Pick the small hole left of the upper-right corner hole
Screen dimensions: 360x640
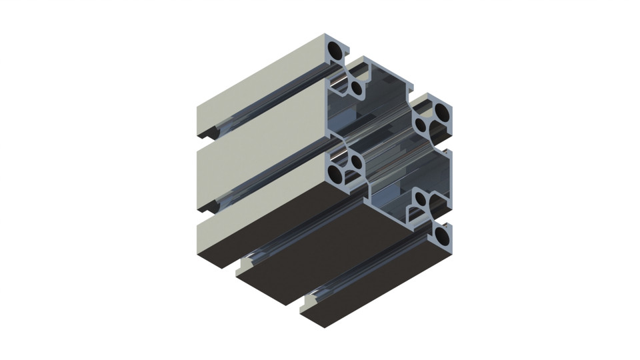(x=422, y=123)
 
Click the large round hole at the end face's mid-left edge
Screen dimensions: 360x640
(x=337, y=174)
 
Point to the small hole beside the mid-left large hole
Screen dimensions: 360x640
(x=355, y=162)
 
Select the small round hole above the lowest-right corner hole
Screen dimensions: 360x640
(x=421, y=199)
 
